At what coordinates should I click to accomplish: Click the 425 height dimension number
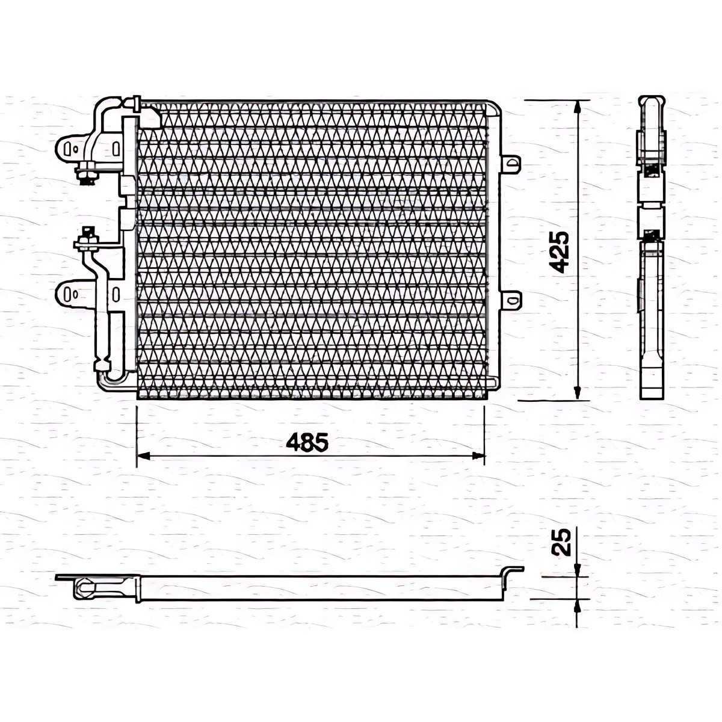558,251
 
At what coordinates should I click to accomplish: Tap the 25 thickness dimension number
561,542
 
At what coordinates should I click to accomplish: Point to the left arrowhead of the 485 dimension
143,455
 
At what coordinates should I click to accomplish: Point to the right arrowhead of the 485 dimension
478,455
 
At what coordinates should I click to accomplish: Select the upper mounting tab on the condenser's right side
510,164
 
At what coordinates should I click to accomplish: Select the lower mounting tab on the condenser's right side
510,300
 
